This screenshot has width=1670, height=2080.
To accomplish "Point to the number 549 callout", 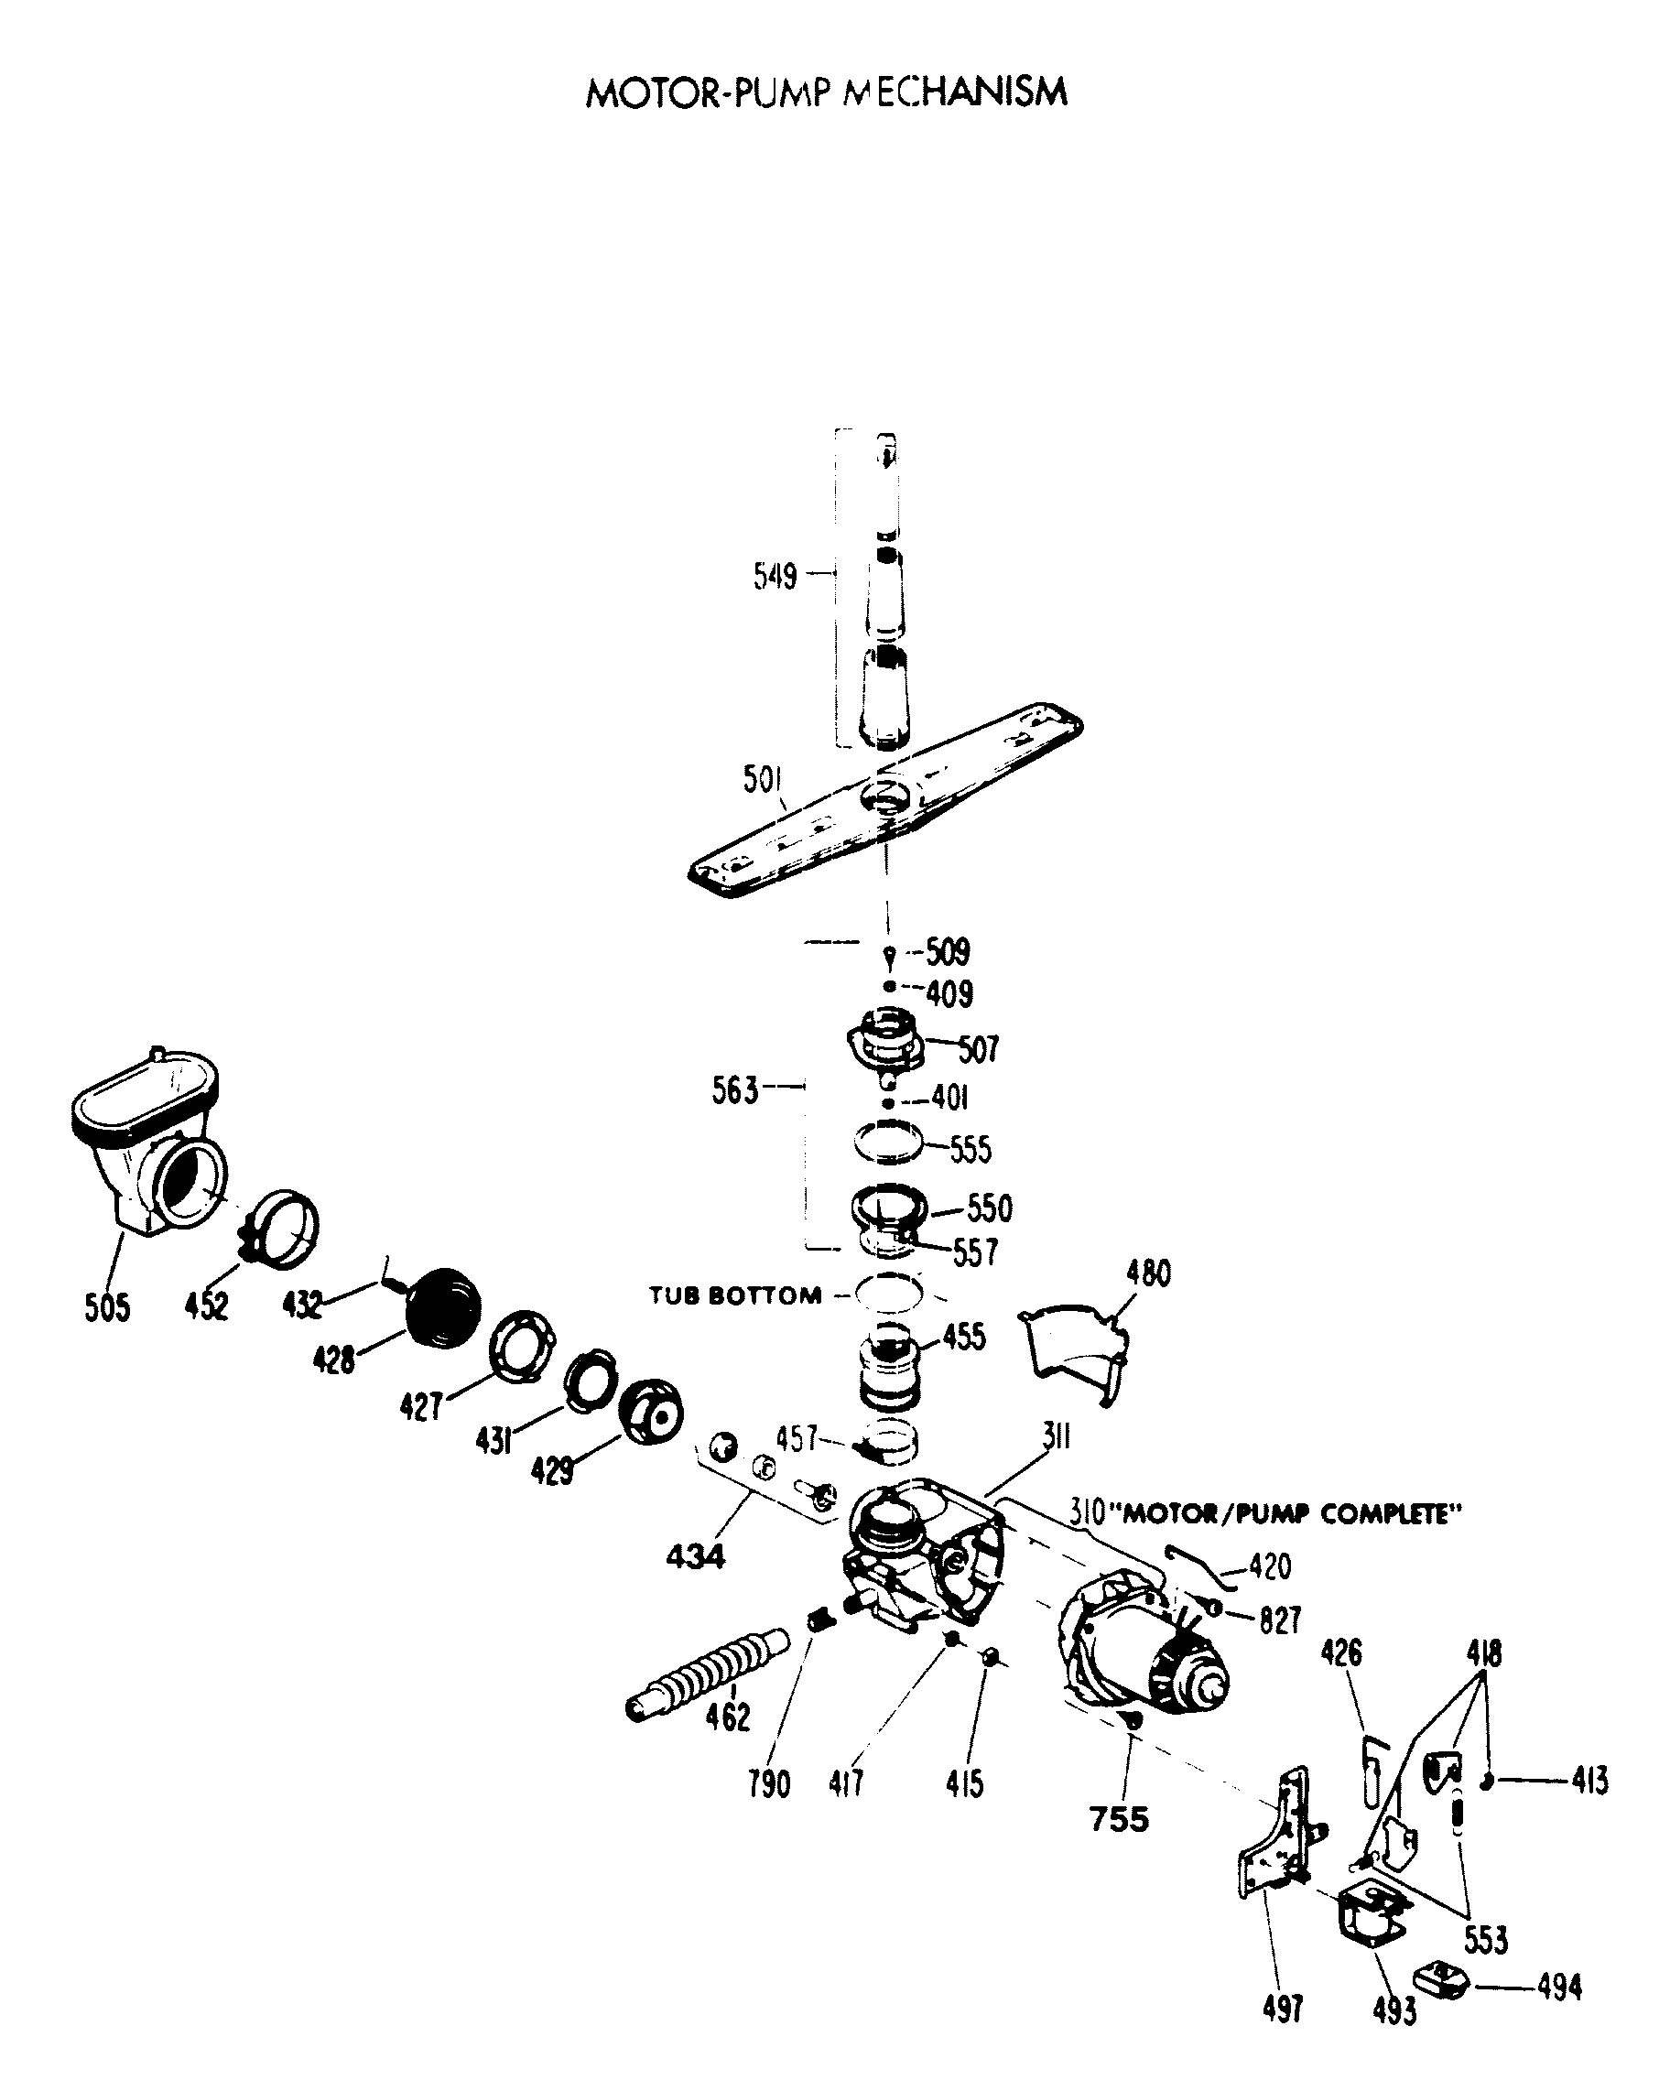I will pyautogui.click(x=775, y=576).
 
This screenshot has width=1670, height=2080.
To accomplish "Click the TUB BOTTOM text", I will pyautogui.click(x=735, y=1295).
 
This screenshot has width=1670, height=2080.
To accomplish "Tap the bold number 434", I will pyautogui.click(x=695, y=1556).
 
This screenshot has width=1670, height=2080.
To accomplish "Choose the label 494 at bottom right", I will pyautogui.click(x=1559, y=1988).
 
